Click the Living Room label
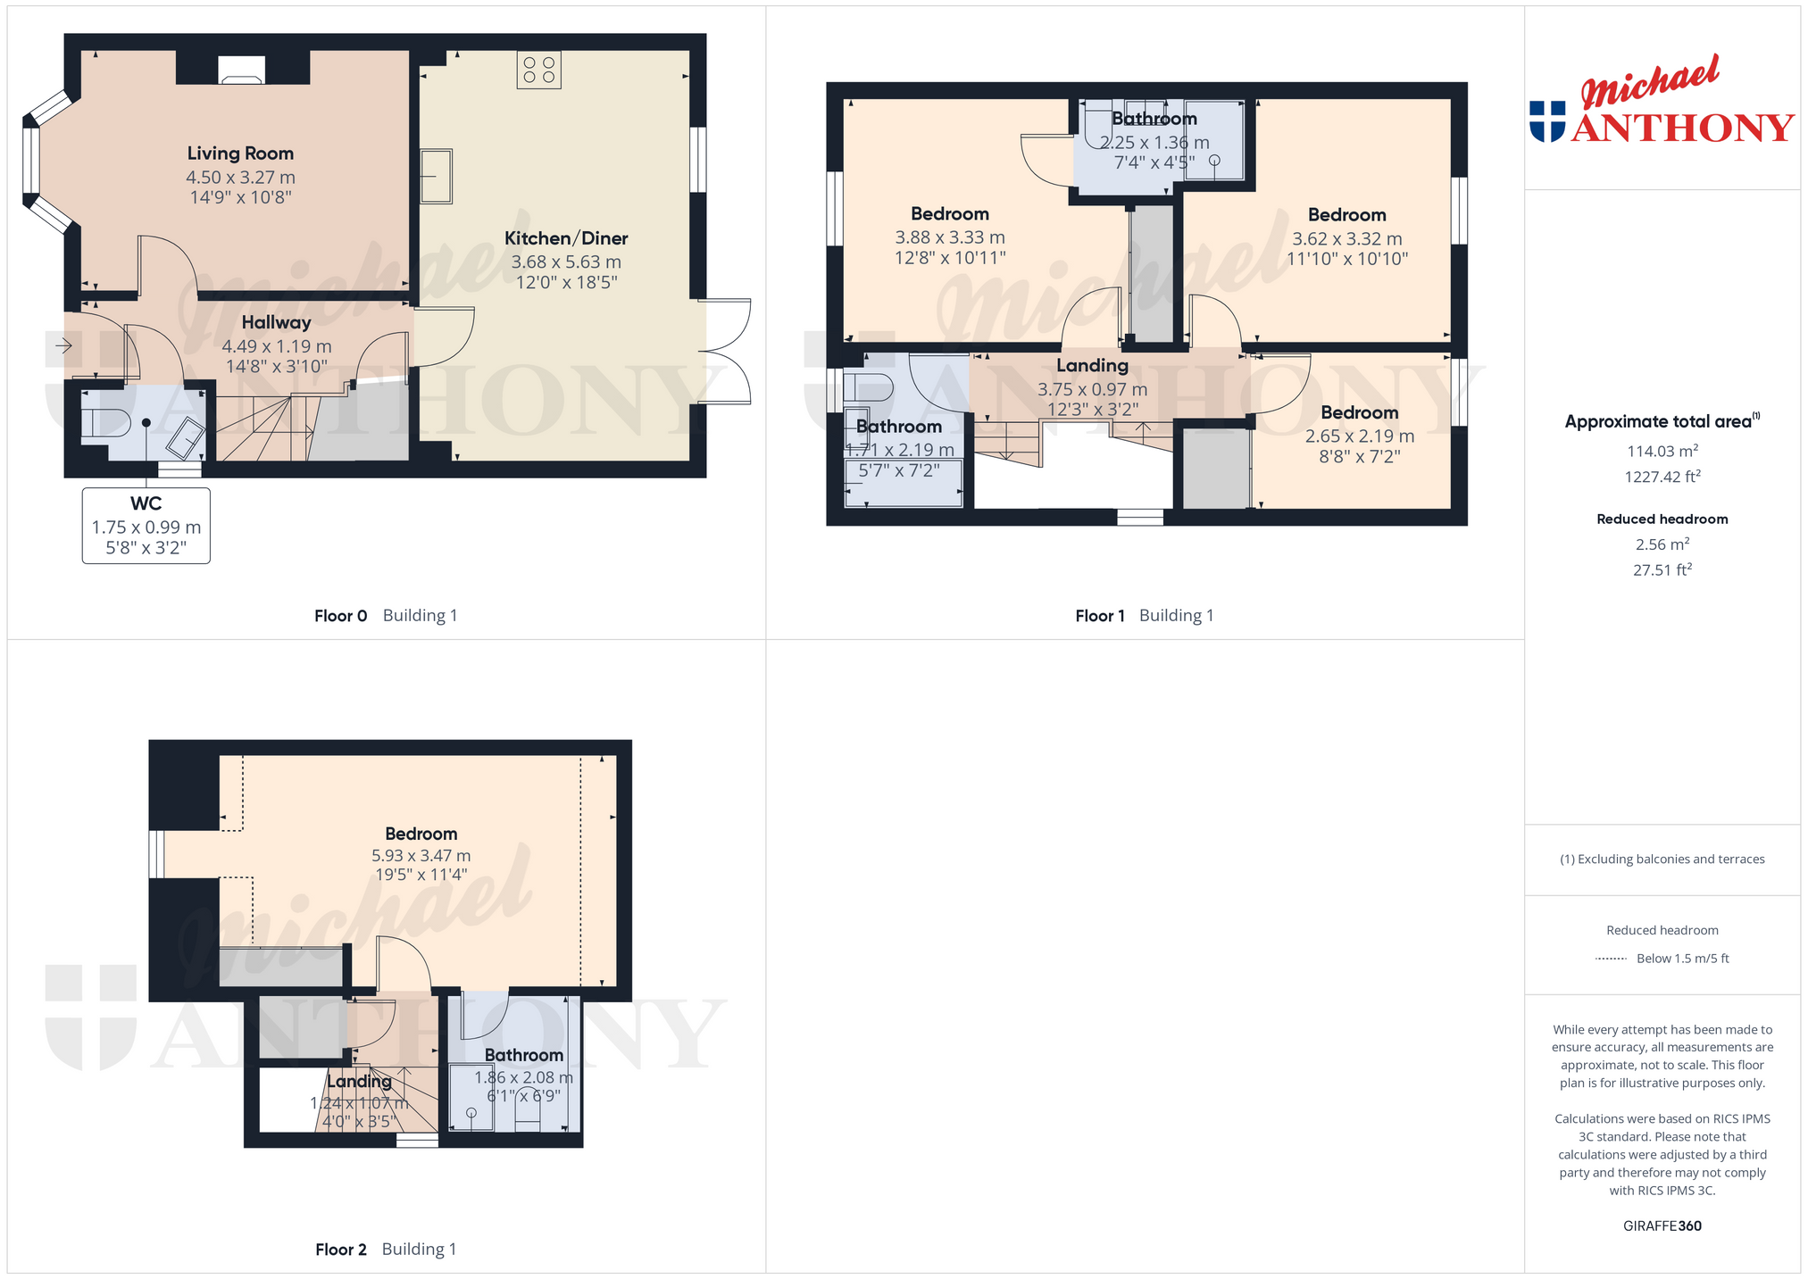(240, 154)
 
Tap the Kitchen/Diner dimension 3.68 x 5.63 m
(566, 262)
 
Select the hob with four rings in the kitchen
(538, 70)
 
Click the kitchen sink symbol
(437, 176)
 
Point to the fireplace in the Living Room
(242, 71)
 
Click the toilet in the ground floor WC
(104, 422)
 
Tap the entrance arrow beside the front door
(63, 345)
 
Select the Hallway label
(277, 322)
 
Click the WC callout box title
(146, 503)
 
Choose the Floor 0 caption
(341, 616)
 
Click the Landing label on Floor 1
(1093, 365)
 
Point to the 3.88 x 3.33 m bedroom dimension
(950, 237)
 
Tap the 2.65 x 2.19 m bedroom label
(1360, 412)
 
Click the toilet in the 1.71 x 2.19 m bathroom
(868, 387)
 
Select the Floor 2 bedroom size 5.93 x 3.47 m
(421, 855)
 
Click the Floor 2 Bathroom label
(524, 1055)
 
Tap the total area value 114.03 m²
(1662, 452)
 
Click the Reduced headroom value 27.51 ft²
(1662, 569)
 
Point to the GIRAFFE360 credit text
(1662, 1226)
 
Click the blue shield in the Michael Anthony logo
(1547, 121)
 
